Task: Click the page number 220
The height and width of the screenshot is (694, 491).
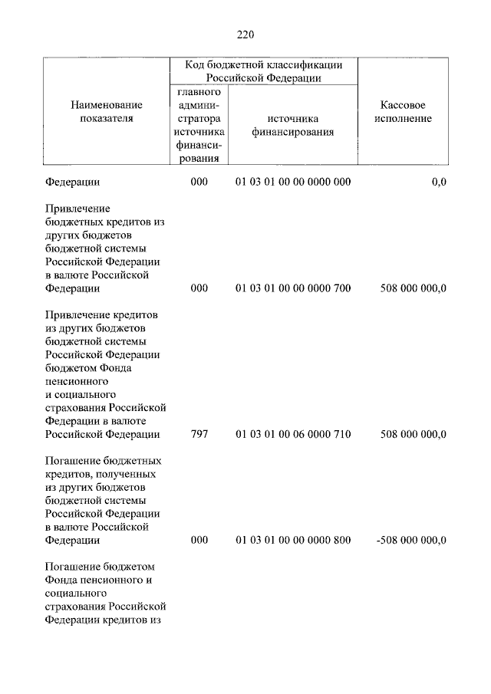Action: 245,35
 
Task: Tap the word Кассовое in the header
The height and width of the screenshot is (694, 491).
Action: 404,105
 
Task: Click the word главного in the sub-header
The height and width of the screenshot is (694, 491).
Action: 199,92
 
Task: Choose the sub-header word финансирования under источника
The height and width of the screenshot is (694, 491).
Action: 293,132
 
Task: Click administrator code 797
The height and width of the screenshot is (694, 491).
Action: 199,434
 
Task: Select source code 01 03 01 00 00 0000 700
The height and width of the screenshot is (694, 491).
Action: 293,288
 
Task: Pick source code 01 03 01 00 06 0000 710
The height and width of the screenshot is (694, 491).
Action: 293,434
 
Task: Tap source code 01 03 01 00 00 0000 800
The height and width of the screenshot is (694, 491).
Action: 293,540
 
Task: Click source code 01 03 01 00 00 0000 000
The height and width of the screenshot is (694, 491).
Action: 293,183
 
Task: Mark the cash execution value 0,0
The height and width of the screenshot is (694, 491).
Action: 439,183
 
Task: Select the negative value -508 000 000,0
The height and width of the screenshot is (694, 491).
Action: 412,540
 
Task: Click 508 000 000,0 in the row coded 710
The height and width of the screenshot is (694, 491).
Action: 414,434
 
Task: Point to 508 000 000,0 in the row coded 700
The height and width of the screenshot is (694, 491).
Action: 414,288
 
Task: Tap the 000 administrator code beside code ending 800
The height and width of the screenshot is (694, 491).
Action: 199,540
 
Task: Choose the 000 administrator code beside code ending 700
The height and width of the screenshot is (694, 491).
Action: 199,288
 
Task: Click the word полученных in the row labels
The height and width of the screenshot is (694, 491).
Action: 127,474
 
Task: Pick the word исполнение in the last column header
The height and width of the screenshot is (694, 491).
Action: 404,119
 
